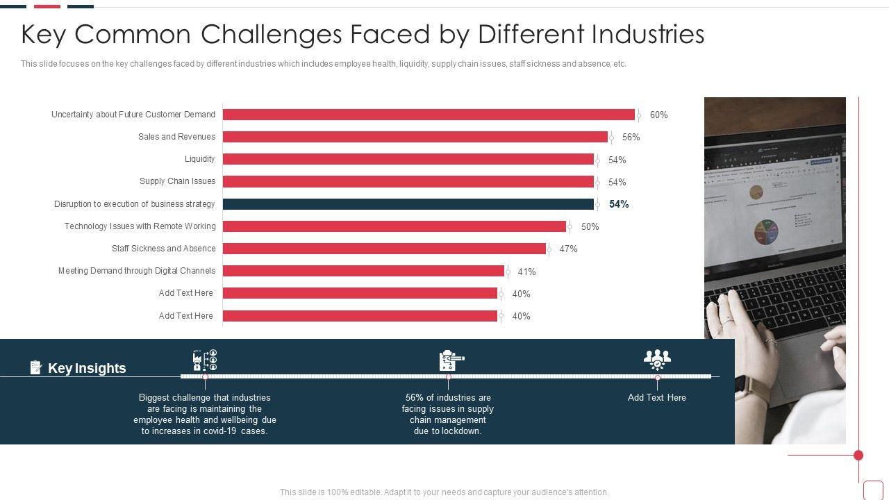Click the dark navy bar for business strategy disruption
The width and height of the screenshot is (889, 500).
408,204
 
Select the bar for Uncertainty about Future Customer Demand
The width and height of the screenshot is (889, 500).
429,115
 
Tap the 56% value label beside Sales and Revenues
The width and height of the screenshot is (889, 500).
631,137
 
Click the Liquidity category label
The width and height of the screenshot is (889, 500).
200,159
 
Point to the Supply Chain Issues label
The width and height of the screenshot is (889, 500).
177,181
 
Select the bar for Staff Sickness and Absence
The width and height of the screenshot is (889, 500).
384,249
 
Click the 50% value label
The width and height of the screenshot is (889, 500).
590,227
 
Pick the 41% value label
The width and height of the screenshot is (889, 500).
526,272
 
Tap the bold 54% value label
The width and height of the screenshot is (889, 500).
619,204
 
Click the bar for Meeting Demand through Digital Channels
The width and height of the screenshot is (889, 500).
363,271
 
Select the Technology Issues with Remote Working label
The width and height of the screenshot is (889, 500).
140,226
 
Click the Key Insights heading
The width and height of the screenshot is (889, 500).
87,368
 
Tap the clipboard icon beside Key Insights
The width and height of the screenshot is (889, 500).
36,367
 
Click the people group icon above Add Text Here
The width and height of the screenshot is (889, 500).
656,360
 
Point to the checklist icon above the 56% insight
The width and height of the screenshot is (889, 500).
451,360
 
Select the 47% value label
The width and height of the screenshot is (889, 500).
568,249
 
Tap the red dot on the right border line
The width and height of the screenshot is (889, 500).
858,456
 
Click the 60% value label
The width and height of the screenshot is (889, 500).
658,115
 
